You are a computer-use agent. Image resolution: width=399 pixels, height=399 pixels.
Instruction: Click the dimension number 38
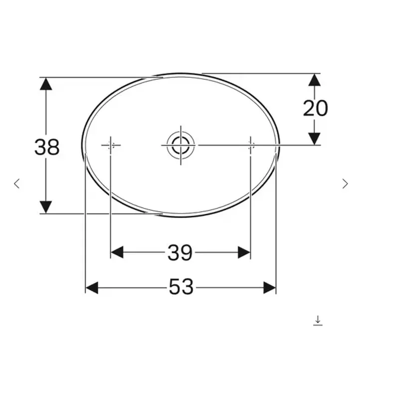point(47,147)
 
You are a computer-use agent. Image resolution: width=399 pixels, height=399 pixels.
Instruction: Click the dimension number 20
point(315,108)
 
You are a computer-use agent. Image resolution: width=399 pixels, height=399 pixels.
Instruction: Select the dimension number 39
point(180,253)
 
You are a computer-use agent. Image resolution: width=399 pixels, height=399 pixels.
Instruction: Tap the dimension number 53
point(181,287)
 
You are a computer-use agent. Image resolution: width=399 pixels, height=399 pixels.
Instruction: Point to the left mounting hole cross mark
point(111,145)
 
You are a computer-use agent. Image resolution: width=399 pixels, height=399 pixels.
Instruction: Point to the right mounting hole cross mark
point(250,145)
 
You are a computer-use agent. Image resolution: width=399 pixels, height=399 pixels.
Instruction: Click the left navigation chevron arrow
point(17,184)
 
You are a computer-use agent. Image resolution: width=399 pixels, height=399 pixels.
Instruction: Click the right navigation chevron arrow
point(345,184)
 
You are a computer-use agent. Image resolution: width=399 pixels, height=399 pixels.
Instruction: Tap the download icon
point(318,320)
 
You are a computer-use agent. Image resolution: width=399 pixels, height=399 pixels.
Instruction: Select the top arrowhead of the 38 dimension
point(46,84)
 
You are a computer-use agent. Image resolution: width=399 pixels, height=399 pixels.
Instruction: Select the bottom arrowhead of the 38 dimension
point(46,206)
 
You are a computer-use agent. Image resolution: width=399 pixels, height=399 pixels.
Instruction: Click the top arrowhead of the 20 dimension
point(314,80)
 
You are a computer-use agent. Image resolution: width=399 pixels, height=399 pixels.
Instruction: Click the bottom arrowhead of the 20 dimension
point(314,139)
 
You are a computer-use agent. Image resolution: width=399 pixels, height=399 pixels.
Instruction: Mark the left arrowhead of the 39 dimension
point(117,252)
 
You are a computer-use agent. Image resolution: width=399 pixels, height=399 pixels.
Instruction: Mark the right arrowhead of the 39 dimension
point(244,252)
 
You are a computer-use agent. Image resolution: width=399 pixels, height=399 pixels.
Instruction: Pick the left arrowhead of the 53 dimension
point(92,287)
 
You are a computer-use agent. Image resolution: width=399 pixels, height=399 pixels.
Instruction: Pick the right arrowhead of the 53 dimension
point(269,287)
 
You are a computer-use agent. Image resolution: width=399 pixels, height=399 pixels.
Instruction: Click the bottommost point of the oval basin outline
point(181,217)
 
